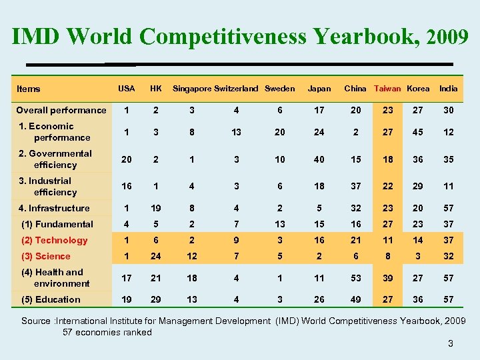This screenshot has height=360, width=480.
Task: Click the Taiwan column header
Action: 387,89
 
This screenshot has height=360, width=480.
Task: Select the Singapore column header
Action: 192,89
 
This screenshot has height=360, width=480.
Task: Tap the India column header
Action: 449,89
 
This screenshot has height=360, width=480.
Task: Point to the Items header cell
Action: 29,89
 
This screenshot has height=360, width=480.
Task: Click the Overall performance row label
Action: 61,110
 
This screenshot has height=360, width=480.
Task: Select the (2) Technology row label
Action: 55,240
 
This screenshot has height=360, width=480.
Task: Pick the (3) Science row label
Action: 46,256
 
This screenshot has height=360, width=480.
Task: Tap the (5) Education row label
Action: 51,299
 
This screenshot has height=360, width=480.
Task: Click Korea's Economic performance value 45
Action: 418,132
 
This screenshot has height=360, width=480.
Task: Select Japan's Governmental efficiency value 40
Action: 319,159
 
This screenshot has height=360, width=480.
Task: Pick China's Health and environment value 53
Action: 355,278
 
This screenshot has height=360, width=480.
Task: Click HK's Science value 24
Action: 156,256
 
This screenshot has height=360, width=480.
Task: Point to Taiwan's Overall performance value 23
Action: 387,110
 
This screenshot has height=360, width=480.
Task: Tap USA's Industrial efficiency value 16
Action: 126,187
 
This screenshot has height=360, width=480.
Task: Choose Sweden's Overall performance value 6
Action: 279,110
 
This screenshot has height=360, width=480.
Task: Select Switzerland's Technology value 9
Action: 236,240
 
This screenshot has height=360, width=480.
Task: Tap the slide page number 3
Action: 451,343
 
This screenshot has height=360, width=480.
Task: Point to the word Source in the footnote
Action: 36,321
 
